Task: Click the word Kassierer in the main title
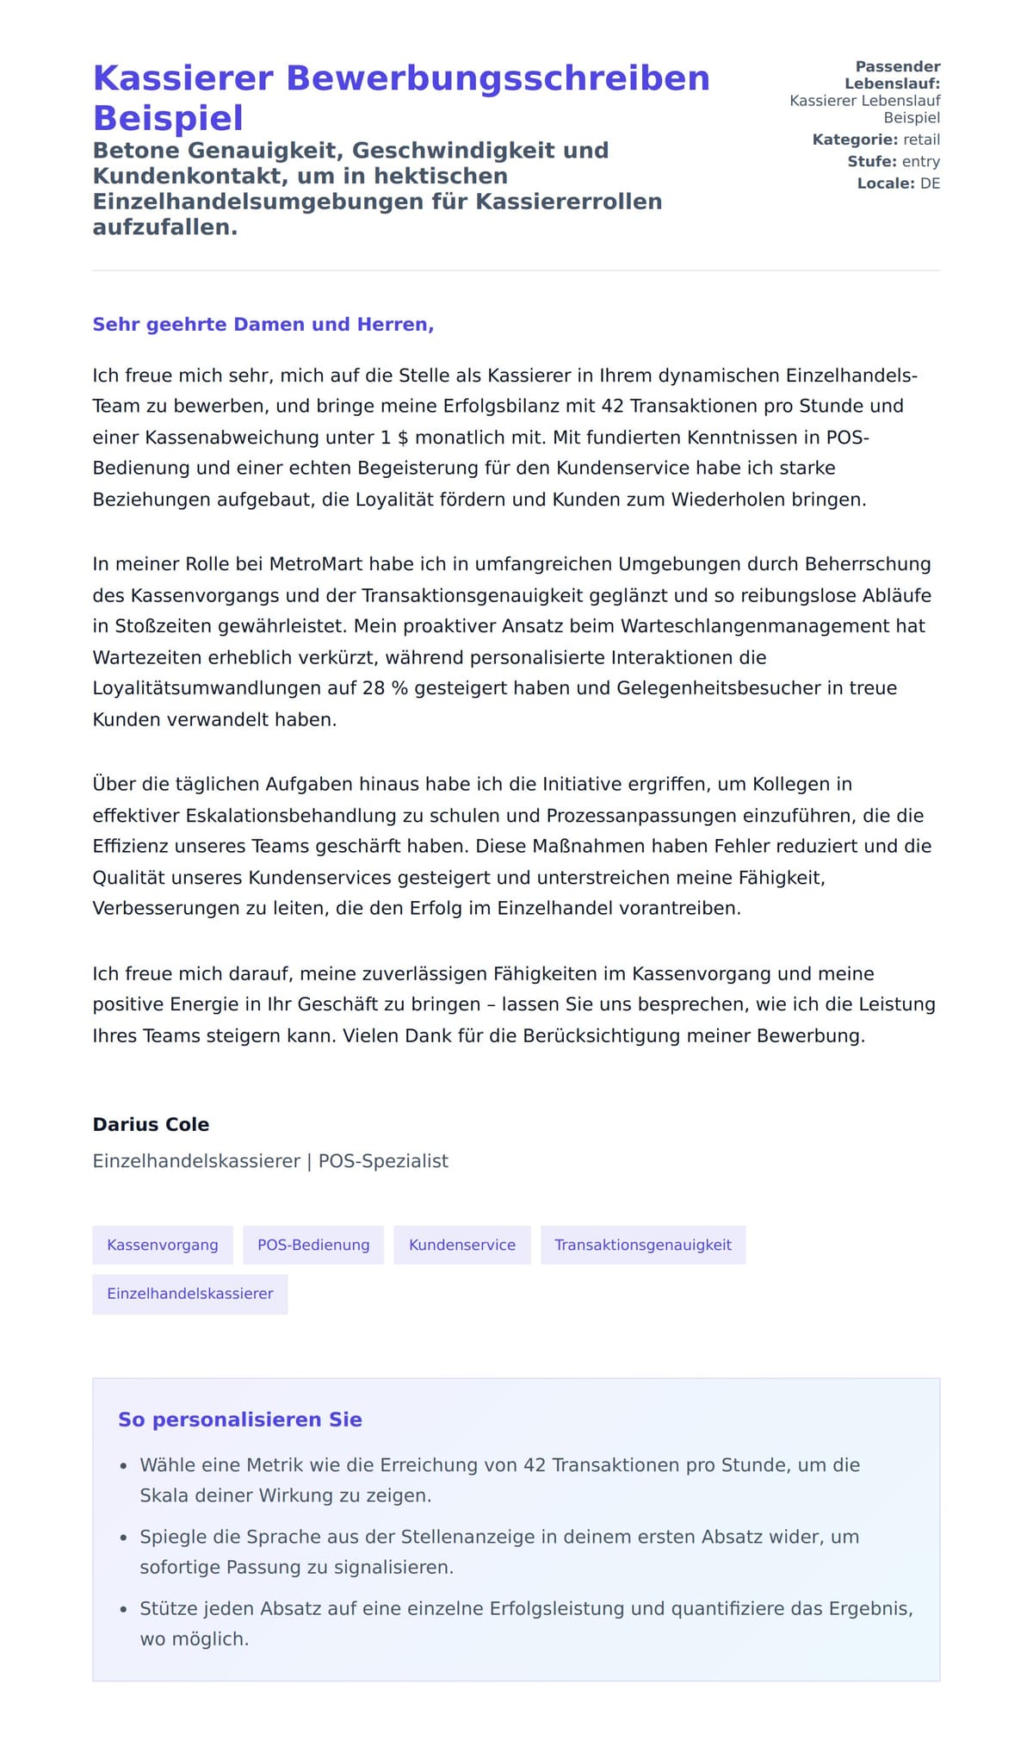(182, 78)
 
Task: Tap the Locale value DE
(930, 183)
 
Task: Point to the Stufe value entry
(920, 162)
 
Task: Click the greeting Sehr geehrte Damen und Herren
(263, 325)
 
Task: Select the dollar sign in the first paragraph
(403, 438)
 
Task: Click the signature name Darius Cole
(151, 1124)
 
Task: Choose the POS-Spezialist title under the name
(383, 1161)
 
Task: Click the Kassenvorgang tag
(163, 1245)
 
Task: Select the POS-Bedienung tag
(313, 1245)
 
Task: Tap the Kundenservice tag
(462, 1245)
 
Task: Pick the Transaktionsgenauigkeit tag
(643, 1245)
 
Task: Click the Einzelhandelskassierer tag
(190, 1294)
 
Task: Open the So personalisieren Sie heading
(240, 1420)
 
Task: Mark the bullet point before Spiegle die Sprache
(124, 1538)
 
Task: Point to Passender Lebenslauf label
(893, 75)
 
